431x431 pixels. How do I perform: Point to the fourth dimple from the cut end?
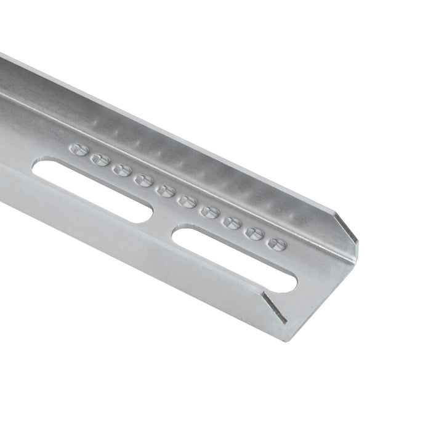209,212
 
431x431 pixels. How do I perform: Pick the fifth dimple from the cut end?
187,201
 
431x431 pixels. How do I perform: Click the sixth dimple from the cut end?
165,190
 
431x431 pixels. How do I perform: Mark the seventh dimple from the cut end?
143,180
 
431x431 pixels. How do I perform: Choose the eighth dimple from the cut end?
122,169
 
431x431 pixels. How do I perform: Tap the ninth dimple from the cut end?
100,159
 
